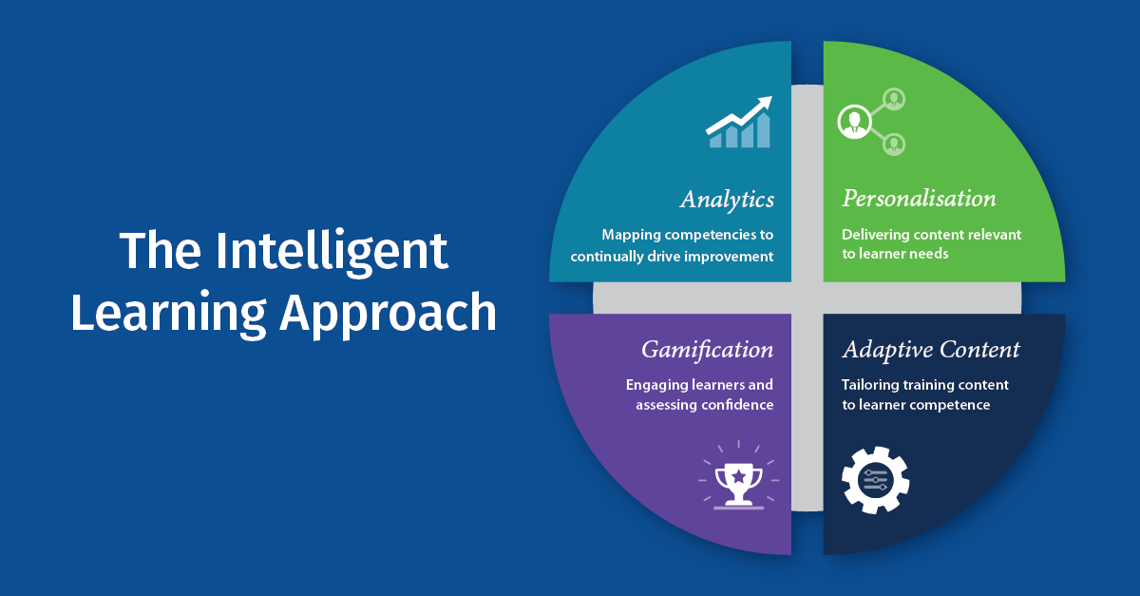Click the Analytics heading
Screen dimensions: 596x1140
727,200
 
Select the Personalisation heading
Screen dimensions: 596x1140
919,200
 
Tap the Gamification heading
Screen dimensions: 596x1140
707,350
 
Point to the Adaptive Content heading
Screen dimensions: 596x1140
931,350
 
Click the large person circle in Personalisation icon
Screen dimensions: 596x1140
854,121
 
